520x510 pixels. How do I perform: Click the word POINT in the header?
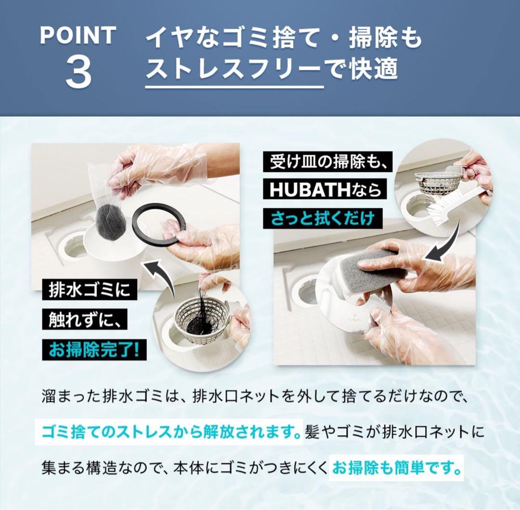[x=78, y=36]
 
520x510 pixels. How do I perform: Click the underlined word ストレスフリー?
[x=234, y=70]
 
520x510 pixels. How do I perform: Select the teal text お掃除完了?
[x=94, y=349]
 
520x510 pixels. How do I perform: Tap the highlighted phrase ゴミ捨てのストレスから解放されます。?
[x=169, y=430]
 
